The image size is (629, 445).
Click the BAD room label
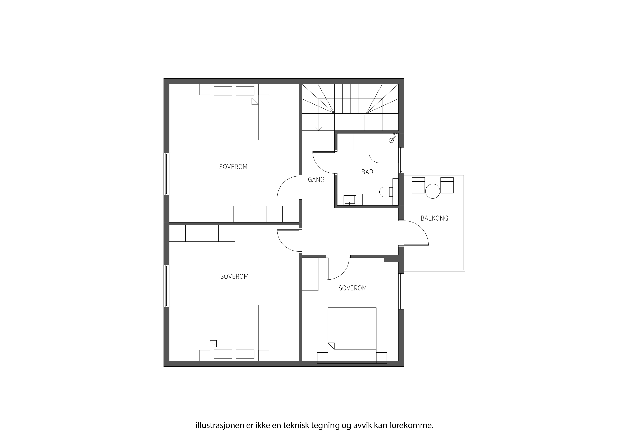click(367, 172)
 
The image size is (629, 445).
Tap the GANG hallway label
click(316, 180)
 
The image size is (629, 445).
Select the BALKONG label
click(434, 218)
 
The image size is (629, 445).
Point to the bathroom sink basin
click(350, 200)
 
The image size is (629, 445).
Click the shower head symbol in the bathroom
click(393, 138)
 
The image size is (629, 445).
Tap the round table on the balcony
click(433, 191)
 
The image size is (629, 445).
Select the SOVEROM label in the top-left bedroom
click(233, 167)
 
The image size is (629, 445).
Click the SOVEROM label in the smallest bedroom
click(353, 288)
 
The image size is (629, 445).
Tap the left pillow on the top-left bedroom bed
click(223, 91)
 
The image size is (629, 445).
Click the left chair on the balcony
click(418, 185)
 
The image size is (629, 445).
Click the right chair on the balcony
click(447, 185)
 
